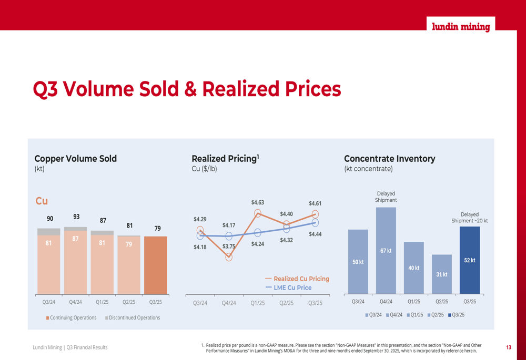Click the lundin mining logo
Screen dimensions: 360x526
461,27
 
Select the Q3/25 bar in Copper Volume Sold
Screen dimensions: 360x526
156,265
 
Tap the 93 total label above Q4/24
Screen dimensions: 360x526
76,217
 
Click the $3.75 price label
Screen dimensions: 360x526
229,246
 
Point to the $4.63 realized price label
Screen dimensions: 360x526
258,202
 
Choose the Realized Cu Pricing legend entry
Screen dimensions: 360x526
298,279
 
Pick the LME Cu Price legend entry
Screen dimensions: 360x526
289,287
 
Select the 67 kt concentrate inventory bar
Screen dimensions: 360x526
386,250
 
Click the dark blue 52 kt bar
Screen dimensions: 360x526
470,260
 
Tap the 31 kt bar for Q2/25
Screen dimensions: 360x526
442,274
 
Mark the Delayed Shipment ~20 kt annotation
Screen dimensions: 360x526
470,218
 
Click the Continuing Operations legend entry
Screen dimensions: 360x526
71,317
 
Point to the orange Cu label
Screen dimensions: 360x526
42,201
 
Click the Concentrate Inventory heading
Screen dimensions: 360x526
389,159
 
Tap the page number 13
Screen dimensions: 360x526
509,347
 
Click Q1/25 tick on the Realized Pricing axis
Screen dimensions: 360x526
258,303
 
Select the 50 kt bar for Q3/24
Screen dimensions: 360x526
358,262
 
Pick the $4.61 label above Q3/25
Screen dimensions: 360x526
315,203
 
